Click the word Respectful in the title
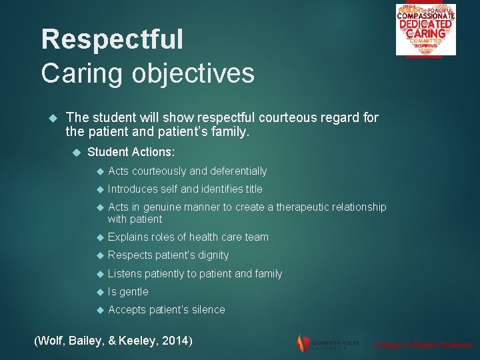111,39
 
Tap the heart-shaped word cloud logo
425,29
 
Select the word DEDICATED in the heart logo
425,24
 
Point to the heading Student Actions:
131,152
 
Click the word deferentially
238,171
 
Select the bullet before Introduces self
100,189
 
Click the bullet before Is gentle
100,292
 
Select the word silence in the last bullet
208,310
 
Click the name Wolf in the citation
51,341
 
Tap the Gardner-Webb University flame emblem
303,343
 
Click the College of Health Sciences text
423,345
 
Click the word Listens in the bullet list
125,274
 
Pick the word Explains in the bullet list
128,237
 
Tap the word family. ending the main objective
228,132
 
